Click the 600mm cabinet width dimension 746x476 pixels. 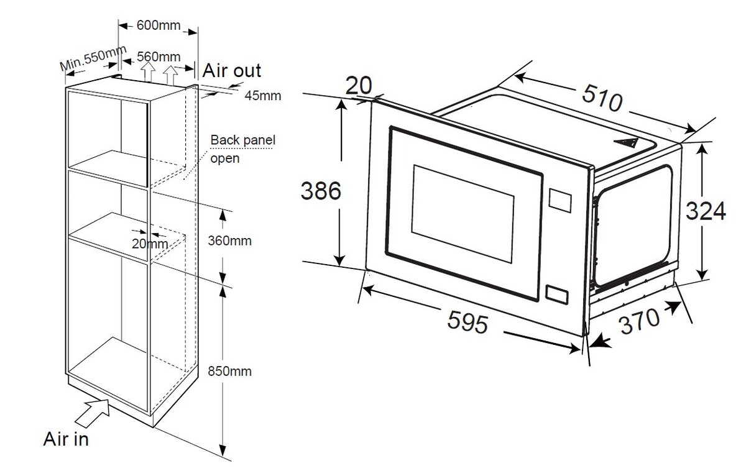coord(157,25)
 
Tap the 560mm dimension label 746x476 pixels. coord(155,57)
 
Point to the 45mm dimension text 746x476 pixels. coord(262,96)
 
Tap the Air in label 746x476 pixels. coord(66,439)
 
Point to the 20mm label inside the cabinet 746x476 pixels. coord(149,243)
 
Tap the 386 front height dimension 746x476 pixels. coord(321,191)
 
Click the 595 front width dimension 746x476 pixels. coord(466,321)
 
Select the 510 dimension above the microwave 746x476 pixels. coord(601,96)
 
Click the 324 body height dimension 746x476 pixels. coord(705,211)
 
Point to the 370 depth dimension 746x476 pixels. coord(639,321)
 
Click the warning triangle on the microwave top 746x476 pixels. coord(627,142)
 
